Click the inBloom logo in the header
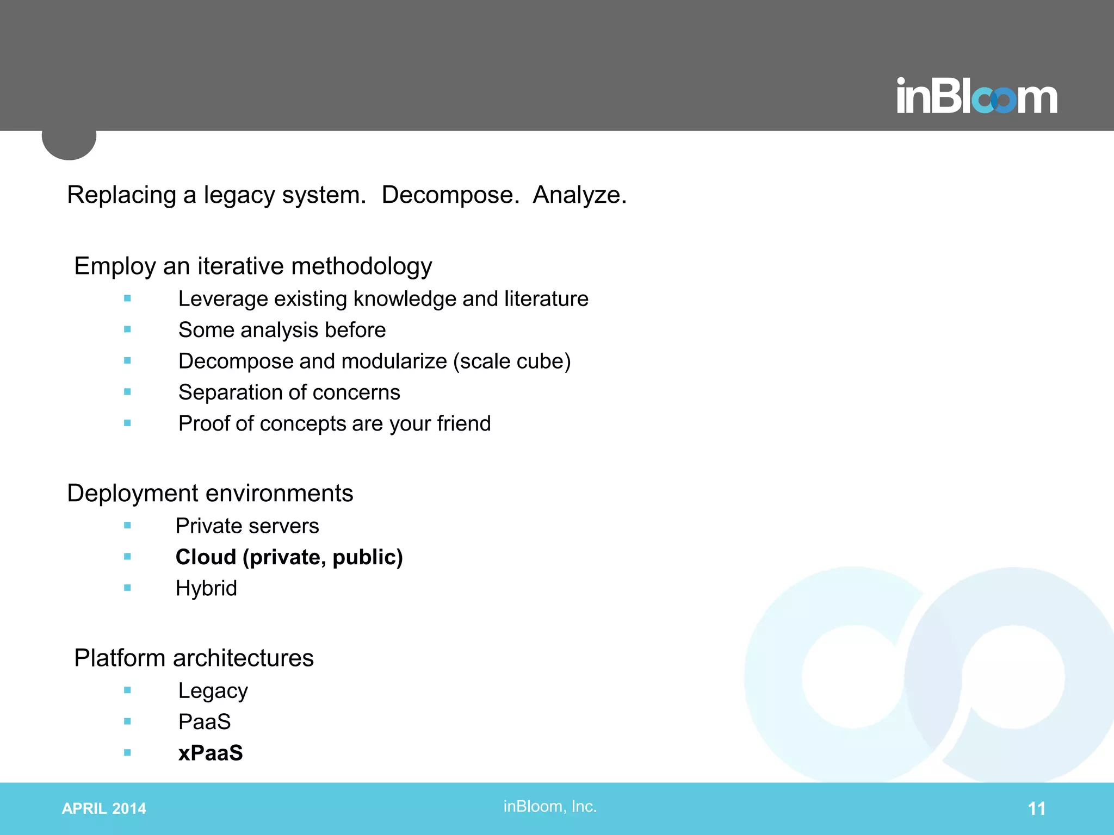tap(976, 97)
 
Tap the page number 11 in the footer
tap(1036, 808)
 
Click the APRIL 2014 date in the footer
tap(104, 808)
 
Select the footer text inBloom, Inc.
tap(550, 806)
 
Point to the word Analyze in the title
tap(579, 195)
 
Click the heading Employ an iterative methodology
tap(253, 266)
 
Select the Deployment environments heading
tap(210, 493)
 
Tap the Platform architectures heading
tap(194, 658)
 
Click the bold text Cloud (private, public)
tap(289, 557)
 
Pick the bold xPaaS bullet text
tap(211, 753)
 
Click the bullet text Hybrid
tap(206, 588)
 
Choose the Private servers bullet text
tap(247, 526)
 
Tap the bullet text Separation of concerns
tap(289, 392)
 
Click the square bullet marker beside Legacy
tap(127, 690)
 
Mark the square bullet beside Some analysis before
tap(127, 329)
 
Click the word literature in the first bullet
tap(546, 298)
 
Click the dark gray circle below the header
tap(69, 143)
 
